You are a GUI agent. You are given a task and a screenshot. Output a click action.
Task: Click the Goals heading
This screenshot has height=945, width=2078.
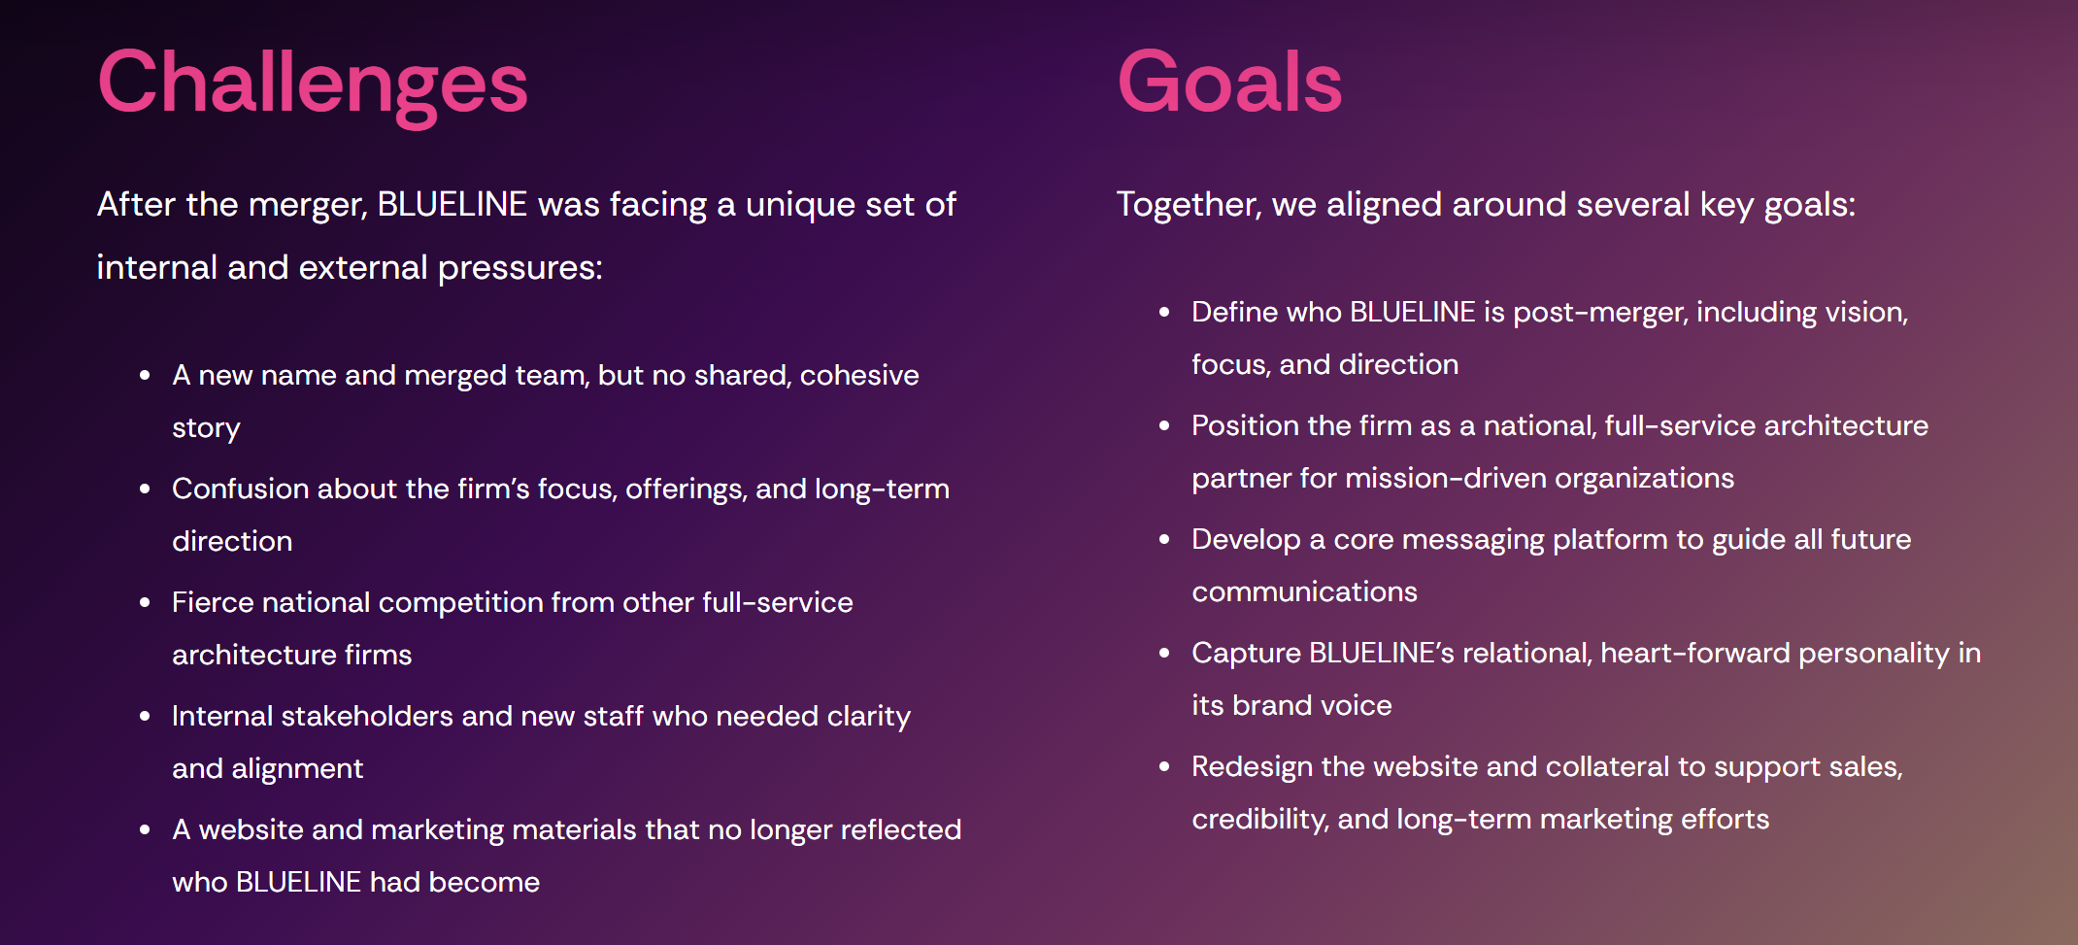coord(1229,83)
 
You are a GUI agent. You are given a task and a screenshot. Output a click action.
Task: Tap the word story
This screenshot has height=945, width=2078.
coord(206,428)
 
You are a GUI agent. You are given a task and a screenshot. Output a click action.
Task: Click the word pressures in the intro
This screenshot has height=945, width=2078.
coord(519,268)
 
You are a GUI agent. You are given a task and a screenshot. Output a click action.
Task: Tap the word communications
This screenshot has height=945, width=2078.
coord(1304,591)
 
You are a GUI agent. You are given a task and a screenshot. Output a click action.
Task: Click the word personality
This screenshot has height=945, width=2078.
coord(1873,653)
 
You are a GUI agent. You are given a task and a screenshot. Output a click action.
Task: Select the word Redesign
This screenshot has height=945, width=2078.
coord(1252,766)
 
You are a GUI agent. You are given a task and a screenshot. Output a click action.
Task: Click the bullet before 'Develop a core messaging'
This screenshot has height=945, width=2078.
coord(1164,539)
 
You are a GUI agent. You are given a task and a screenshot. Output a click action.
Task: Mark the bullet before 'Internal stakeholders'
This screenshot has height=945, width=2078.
coord(145,716)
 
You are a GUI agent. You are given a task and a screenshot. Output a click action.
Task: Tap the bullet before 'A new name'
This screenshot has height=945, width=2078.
coord(145,375)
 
